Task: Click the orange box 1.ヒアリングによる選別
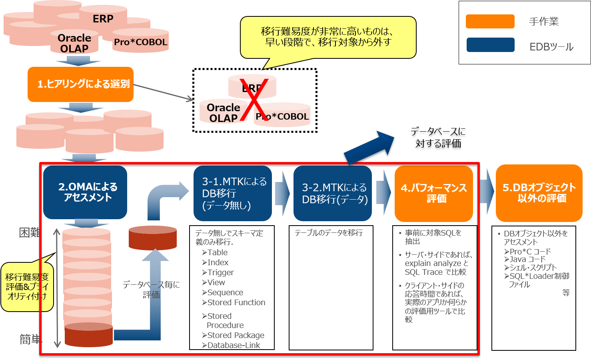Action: coord(80,84)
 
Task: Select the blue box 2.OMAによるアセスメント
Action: coord(85,192)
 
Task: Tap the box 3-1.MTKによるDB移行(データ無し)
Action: coord(233,194)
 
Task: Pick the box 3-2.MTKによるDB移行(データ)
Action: coord(333,194)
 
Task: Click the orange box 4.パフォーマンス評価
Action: coord(433,194)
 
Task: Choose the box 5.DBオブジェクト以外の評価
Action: coord(539,193)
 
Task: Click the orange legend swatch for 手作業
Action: coord(490,21)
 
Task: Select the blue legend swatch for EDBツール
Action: coord(490,45)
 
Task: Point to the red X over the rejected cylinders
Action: coord(253,100)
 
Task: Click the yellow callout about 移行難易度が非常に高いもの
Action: coord(328,37)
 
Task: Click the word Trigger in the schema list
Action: coord(220,272)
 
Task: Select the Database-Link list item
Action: coord(233,345)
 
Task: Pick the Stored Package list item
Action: coord(236,335)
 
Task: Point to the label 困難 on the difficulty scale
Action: coord(30,233)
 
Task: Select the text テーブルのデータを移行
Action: coord(329,233)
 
